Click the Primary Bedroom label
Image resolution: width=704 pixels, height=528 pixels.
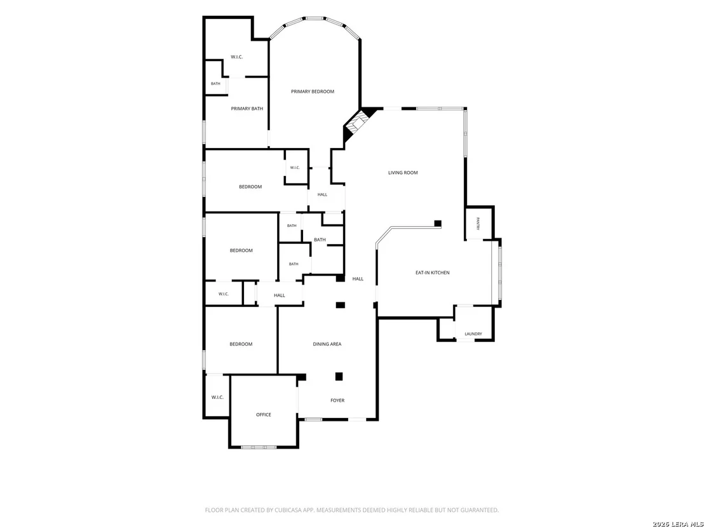tap(313, 91)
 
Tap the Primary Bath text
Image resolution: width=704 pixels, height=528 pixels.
tap(247, 109)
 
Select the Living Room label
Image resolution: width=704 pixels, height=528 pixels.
tap(403, 173)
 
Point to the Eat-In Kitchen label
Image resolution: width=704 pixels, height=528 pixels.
tap(432, 273)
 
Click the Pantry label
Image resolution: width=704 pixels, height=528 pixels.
tap(479, 224)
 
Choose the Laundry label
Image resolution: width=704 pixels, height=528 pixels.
tap(473, 334)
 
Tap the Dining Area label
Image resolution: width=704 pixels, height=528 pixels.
tap(327, 344)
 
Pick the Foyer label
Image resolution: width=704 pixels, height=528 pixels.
tap(337, 400)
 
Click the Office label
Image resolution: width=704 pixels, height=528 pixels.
tap(264, 415)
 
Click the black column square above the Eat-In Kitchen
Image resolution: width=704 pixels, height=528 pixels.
tap(438, 224)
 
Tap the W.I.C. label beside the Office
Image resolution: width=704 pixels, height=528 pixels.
tap(217, 397)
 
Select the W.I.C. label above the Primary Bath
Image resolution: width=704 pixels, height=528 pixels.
tap(236, 57)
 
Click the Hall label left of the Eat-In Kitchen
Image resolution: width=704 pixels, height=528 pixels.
tap(358, 280)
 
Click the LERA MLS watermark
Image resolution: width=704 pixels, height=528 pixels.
tap(678, 524)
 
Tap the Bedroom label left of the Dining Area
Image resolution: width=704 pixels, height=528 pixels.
tap(241, 344)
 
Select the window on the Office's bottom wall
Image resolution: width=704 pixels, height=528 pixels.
tap(259, 447)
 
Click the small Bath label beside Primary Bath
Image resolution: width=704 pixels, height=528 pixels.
tap(215, 84)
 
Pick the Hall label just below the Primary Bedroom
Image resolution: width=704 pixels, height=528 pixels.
tap(322, 195)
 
